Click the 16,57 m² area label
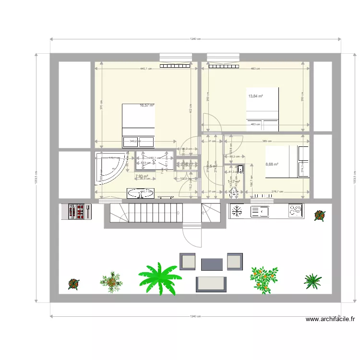(x=147, y=105)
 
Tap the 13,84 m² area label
(x=255, y=96)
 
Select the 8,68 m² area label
(x=272, y=164)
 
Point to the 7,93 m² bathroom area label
(x=141, y=176)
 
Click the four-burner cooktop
(x=295, y=210)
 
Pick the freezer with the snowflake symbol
(x=236, y=210)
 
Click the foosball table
(x=77, y=211)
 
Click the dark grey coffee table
(x=212, y=264)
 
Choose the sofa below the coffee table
(x=211, y=283)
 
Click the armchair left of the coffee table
(x=188, y=261)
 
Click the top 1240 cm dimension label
(x=194, y=39)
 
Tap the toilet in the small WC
(x=240, y=170)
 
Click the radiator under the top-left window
(x=175, y=67)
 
